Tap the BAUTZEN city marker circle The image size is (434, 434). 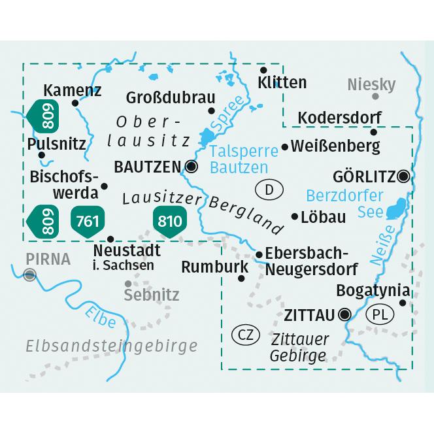tap(191, 167)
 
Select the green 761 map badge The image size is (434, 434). tap(87, 221)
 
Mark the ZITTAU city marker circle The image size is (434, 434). tap(346, 315)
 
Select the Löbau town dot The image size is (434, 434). tap(294, 217)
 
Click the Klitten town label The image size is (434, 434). tap(282, 83)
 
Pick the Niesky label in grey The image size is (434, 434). tap(372, 84)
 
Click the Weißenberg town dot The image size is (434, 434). tap(284, 147)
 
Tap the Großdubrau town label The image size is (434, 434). tap(171, 97)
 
